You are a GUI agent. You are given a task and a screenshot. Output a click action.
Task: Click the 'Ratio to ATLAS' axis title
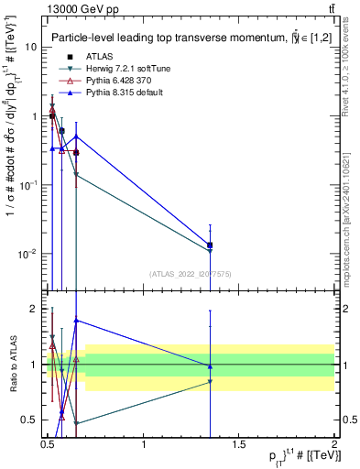click(x=12, y=365)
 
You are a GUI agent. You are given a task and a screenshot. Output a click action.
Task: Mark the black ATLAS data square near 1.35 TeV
click(x=211, y=245)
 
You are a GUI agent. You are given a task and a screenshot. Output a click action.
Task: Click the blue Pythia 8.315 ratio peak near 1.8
click(x=76, y=320)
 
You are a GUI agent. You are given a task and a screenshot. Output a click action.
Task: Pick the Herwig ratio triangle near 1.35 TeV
click(x=211, y=381)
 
